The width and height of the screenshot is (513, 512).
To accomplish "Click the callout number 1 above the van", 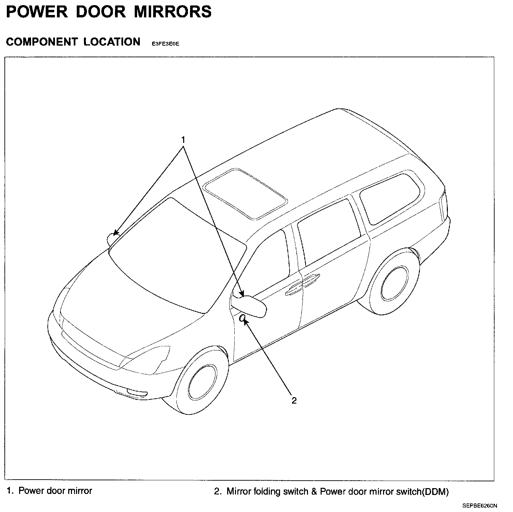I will (183, 140).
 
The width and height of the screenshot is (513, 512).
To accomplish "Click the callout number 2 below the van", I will (294, 401).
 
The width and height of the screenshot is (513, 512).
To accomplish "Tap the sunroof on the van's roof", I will (245, 194).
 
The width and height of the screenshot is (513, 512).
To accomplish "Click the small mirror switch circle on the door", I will (242, 318).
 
